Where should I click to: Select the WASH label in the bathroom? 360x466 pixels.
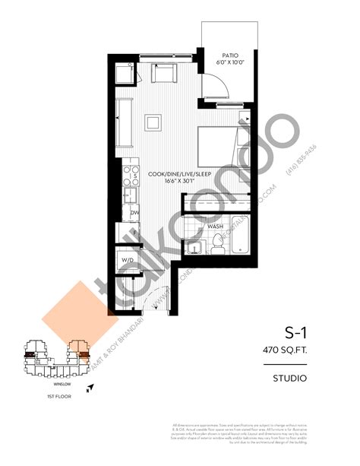pos(215,227)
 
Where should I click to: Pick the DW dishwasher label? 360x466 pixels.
pos(133,214)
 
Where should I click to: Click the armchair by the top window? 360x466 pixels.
pos(163,74)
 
